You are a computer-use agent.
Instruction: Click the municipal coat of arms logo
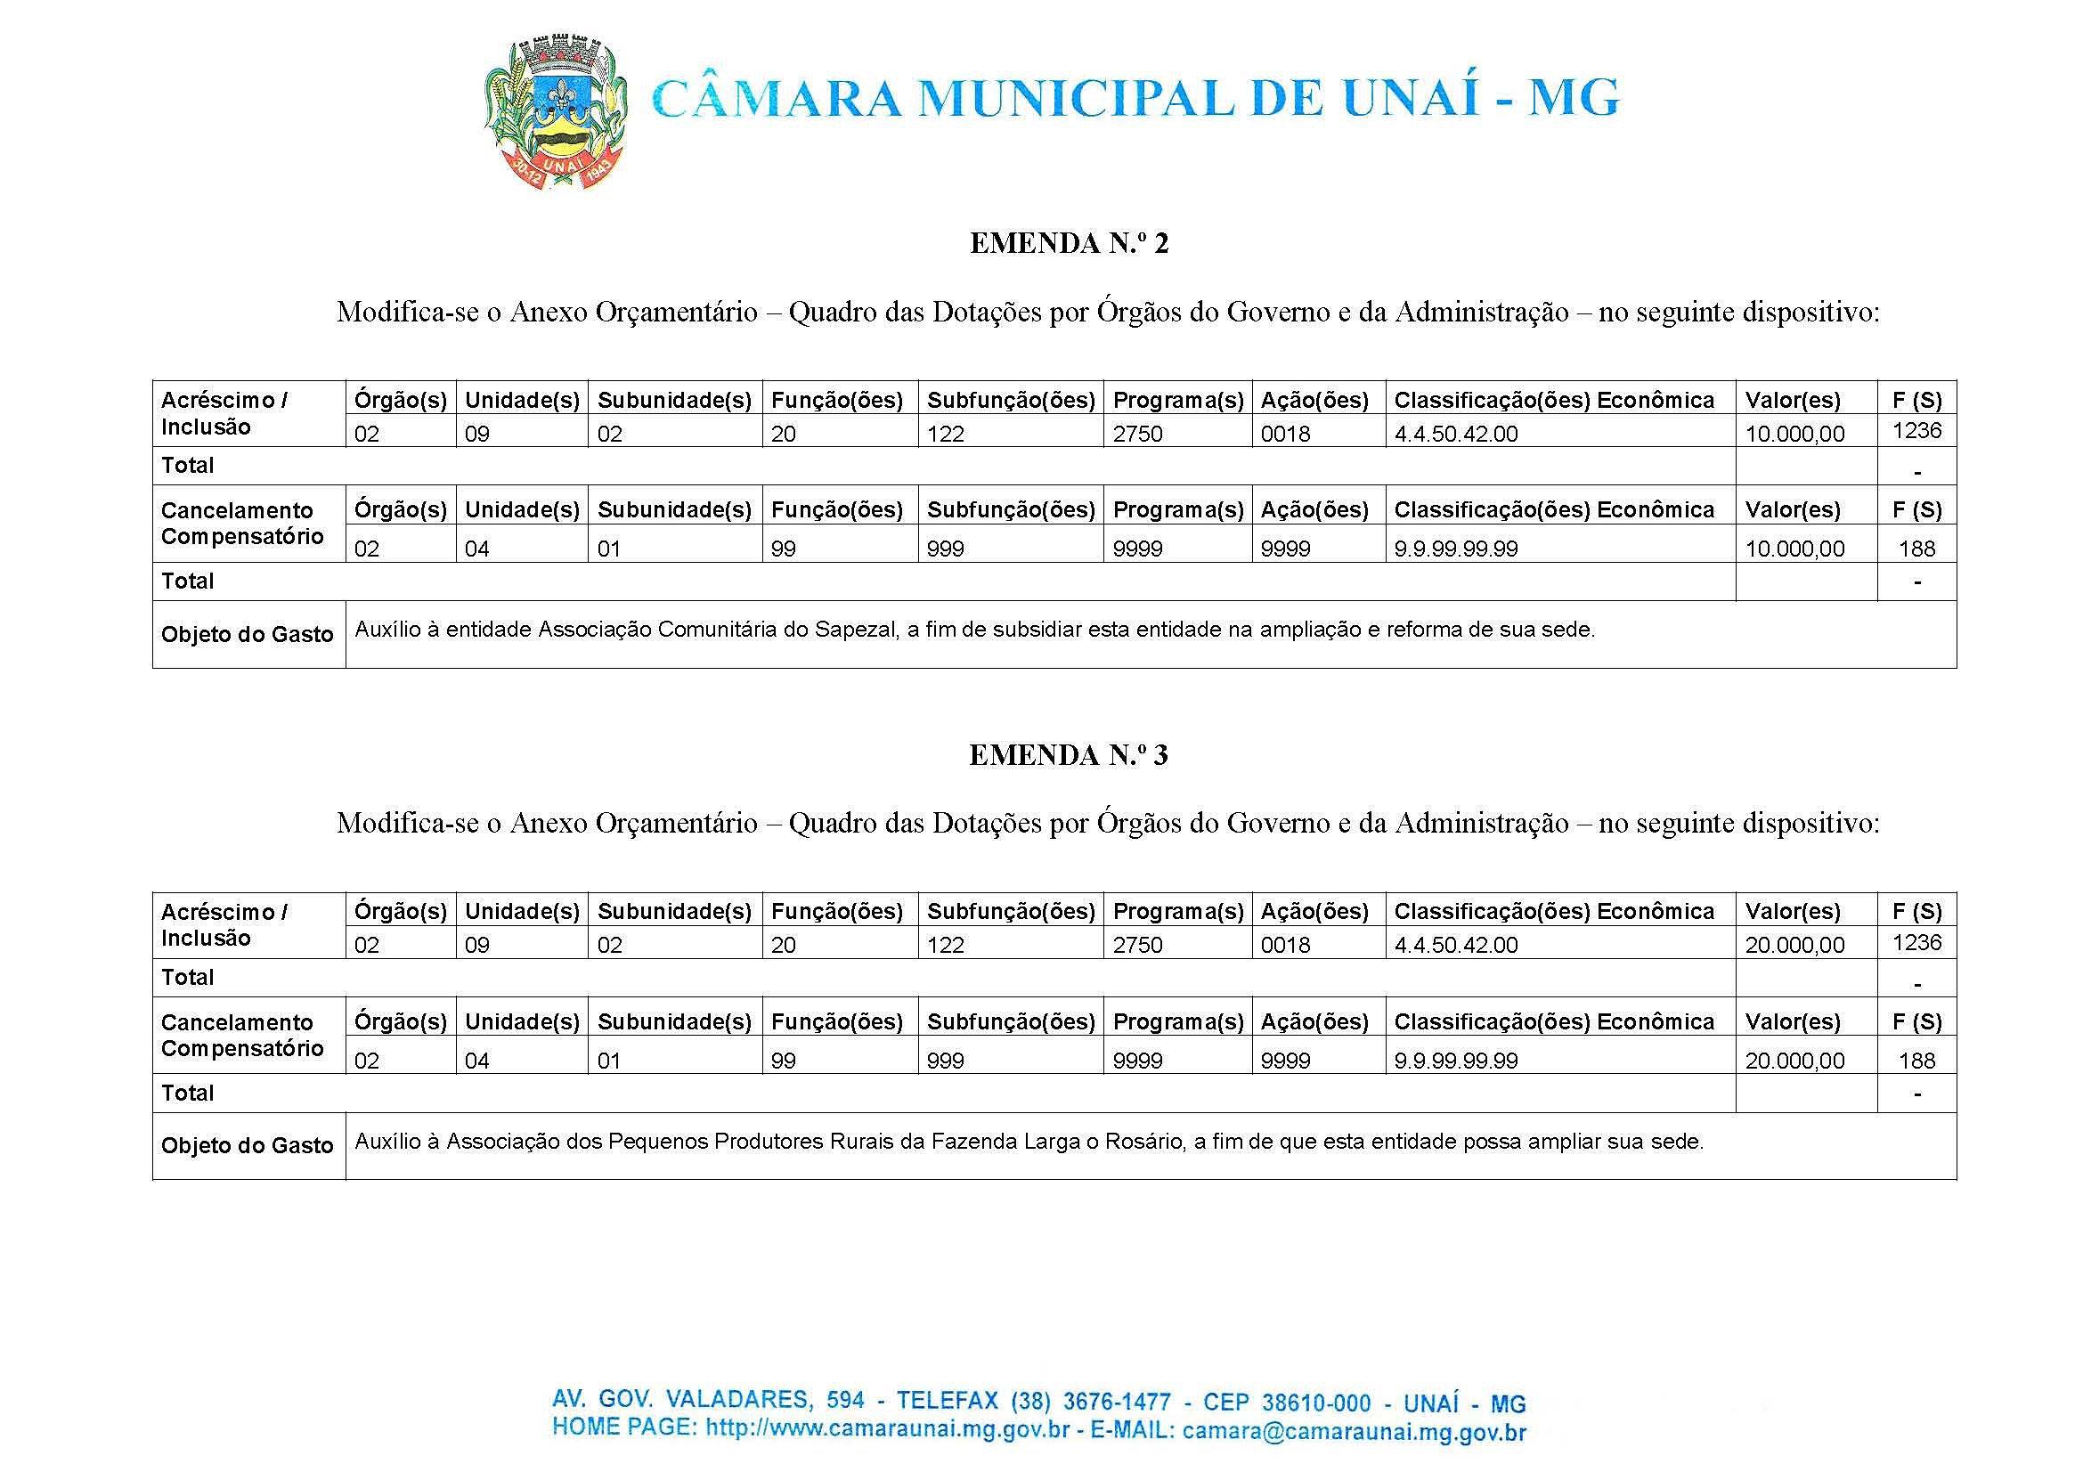pyautogui.click(x=554, y=113)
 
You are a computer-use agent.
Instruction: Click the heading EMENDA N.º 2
pyautogui.click(x=1068, y=243)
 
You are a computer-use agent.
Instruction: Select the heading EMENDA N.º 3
pyautogui.click(x=1068, y=755)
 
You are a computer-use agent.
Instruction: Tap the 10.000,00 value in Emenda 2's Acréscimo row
pyautogui.click(x=1794, y=434)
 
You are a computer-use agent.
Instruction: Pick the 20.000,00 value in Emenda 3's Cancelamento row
pyautogui.click(x=1794, y=1060)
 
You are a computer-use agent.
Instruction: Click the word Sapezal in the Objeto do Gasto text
pyautogui.click(x=855, y=630)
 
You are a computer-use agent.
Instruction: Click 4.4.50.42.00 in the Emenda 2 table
pyautogui.click(x=1455, y=434)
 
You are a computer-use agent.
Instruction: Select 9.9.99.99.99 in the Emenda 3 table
pyautogui.click(x=1455, y=1060)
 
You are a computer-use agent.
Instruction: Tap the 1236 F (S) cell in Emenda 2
pyautogui.click(x=1916, y=430)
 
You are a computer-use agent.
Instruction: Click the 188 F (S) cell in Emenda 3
pyautogui.click(x=1916, y=1060)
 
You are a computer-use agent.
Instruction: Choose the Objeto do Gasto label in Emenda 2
pyautogui.click(x=247, y=634)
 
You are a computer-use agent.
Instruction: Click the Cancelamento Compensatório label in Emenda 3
pyautogui.click(x=242, y=1036)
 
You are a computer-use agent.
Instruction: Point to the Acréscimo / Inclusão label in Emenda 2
pyautogui.click(x=224, y=413)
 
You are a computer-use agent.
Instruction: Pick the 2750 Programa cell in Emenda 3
pyautogui.click(x=1137, y=945)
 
